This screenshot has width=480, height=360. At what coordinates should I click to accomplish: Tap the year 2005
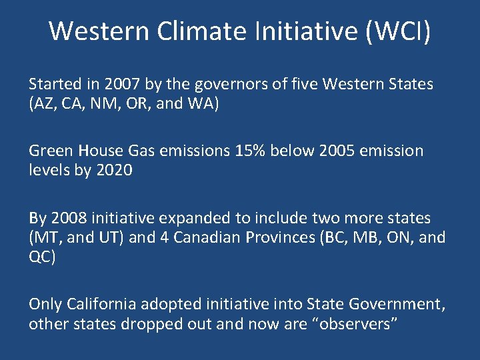click(336, 151)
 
